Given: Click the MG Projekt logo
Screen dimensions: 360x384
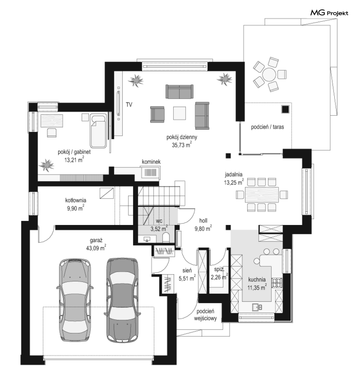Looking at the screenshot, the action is click(x=329, y=13).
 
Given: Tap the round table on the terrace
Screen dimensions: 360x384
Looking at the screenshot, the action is click(x=269, y=74).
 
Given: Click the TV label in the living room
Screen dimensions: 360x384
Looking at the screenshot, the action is click(x=129, y=105).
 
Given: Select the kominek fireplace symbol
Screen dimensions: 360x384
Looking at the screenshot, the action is click(x=151, y=172).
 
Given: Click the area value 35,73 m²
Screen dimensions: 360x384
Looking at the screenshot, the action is click(x=182, y=145).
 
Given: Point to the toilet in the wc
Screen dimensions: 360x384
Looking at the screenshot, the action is click(x=166, y=237).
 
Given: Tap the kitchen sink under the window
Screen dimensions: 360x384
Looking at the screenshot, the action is click(x=257, y=307).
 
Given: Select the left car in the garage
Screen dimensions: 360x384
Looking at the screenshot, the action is click(x=75, y=300).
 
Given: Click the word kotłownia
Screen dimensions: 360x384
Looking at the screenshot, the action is click(x=76, y=200).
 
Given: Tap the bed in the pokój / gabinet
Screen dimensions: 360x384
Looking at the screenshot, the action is click(x=98, y=131).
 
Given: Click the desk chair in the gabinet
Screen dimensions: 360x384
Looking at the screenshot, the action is click(x=52, y=133).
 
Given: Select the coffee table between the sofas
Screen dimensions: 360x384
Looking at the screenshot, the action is click(x=179, y=113).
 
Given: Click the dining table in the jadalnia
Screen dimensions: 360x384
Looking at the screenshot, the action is click(x=262, y=195).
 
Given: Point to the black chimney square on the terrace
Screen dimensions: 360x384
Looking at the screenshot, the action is click(x=285, y=109).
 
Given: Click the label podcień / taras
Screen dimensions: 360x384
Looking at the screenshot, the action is click(x=267, y=127).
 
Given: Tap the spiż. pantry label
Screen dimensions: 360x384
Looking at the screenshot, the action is click(x=219, y=269).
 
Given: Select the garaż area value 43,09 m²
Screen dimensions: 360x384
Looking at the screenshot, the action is click(x=96, y=247).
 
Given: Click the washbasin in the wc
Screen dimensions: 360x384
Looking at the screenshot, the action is click(x=147, y=239).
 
